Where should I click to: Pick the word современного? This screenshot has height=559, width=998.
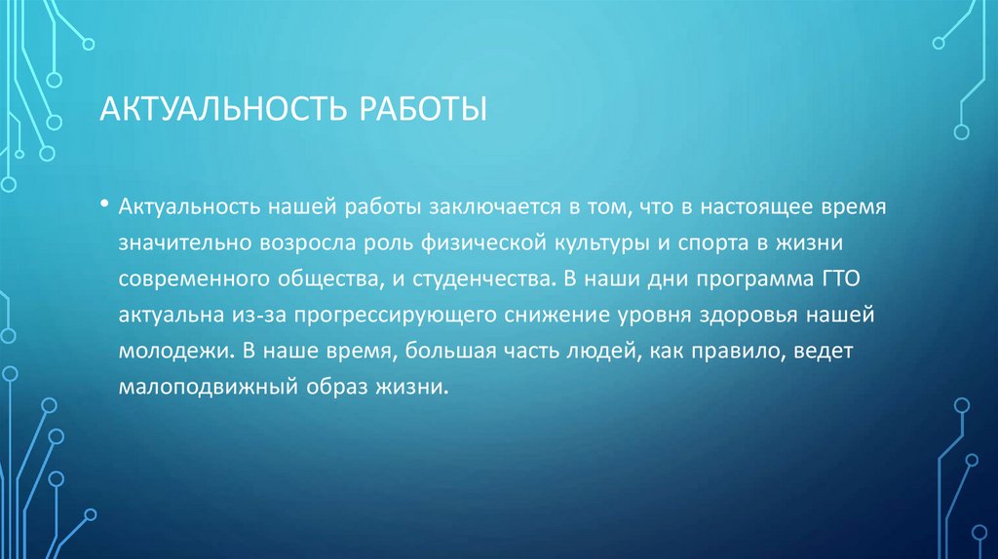pyautogui.click(x=182, y=280)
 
